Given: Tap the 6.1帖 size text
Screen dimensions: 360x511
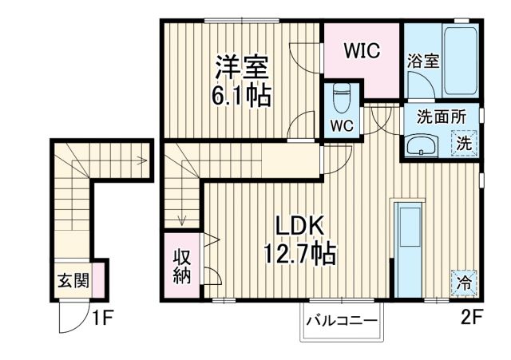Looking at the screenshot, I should click(240, 96).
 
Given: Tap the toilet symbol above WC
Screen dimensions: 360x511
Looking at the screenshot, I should click(341, 99).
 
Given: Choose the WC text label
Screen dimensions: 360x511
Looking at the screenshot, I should click(343, 125).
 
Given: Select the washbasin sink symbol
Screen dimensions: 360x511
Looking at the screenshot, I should click(420, 146).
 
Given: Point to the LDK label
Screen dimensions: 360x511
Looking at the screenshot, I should click(300, 227).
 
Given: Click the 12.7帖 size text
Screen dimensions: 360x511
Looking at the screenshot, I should click(300, 255).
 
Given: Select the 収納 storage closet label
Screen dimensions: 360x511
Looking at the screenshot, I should click(181, 267).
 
